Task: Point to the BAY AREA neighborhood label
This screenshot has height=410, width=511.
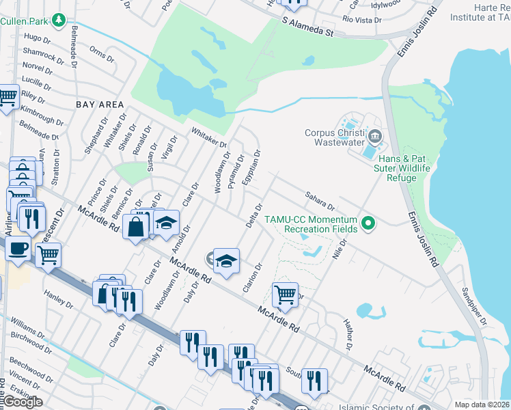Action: pyautogui.click(x=100, y=105)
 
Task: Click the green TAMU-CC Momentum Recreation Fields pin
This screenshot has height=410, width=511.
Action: pyautogui.click(x=369, y=223)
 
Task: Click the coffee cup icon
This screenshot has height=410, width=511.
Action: pyautogui.click(x=18, y=247)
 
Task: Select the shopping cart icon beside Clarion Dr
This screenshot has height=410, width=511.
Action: pyautogui.click(x=285, y=295)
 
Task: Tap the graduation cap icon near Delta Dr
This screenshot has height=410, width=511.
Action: pyautogui.click(x=227, y=260)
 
